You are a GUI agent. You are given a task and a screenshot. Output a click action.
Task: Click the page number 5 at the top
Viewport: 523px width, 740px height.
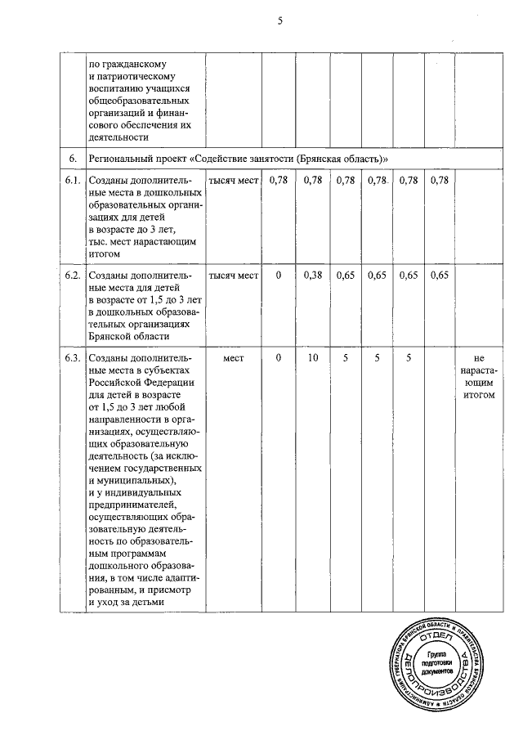(279, 22)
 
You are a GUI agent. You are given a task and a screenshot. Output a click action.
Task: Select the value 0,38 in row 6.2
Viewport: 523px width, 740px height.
(312, 276)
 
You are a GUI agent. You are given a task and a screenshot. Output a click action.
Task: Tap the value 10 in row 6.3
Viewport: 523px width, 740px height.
(312, 358)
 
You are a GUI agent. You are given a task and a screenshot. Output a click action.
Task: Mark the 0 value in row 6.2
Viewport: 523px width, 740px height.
(279, 276)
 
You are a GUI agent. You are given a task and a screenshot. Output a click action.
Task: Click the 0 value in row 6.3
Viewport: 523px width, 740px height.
(279, 358)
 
